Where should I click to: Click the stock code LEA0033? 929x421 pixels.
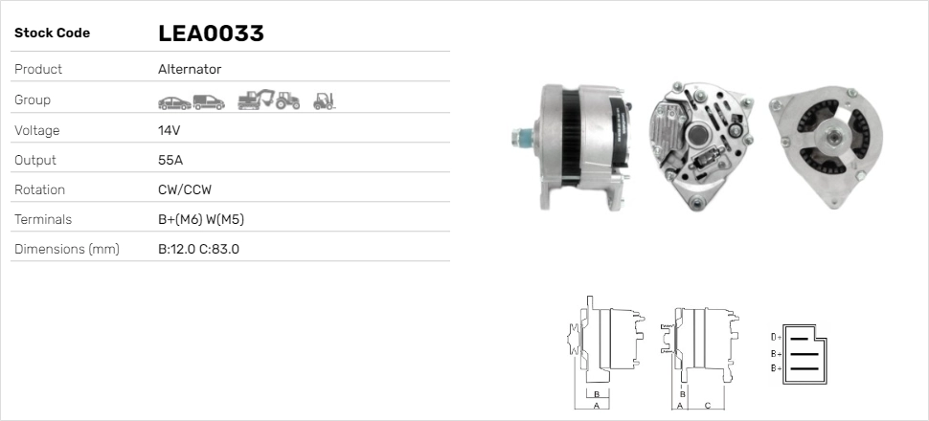(211, 33)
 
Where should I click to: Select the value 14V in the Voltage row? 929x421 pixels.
(169, 130)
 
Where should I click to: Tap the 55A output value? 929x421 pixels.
(170, 160)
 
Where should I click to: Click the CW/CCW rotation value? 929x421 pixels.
(185, 189)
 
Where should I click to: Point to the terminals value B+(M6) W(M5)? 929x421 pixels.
(201, 220)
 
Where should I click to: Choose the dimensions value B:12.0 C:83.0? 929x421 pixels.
(198, 250)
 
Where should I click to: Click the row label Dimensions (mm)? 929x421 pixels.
(67, 250)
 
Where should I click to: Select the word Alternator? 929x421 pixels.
(190, 69)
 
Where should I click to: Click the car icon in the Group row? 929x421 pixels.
(174, 103)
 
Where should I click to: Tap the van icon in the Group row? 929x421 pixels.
(209, 102)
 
